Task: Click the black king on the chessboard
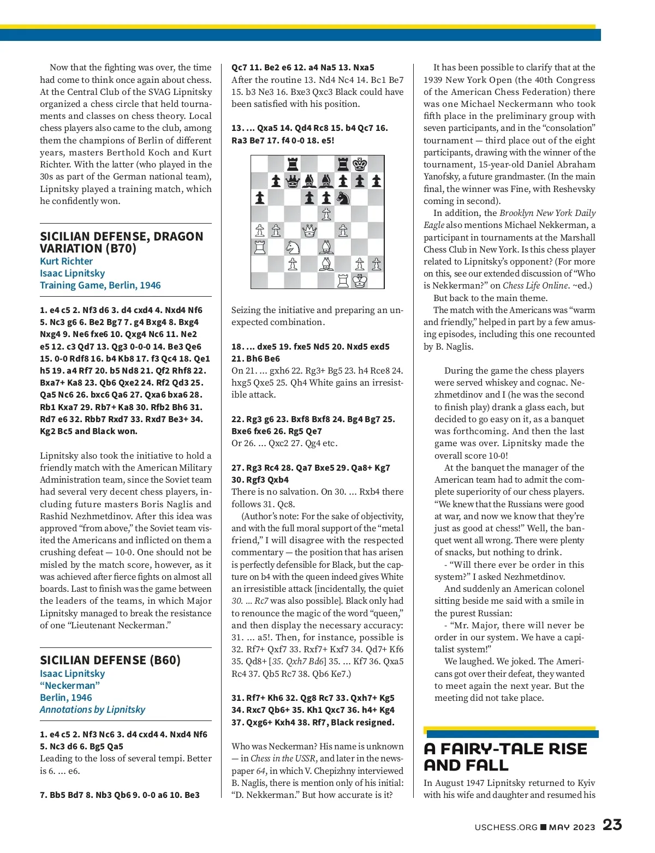click(x=360, y=164)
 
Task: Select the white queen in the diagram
click(x=309, y=231)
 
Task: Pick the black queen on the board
click(x=293, y=181)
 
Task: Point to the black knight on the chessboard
click(x=343, y=197)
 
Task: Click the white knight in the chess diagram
click(x=293, y=248)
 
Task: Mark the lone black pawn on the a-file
click(x=260, y=197)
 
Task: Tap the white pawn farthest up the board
click(x=326, y=214)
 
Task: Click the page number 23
click(x=612, y=825)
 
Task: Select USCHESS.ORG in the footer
click(x=506, y=827)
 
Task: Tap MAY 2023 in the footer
click(x=572, y=827)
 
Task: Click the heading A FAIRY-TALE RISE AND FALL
click(x=505, y=756)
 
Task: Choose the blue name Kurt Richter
click(x=66, y=261)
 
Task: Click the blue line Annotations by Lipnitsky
click(x=92, y=710)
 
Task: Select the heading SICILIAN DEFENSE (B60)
click(x=110, y=660)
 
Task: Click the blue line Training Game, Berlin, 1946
click(x=100, y=285)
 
